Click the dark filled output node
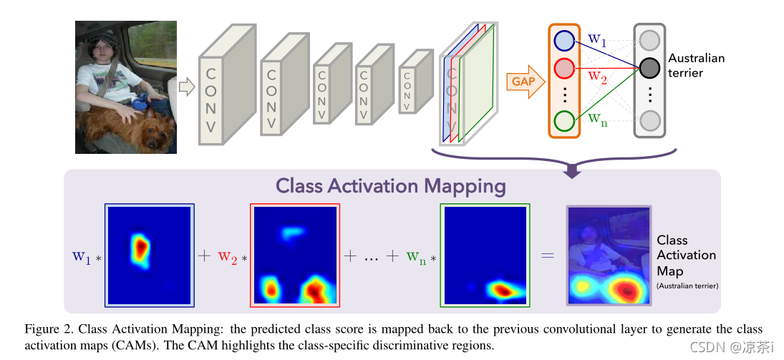[649, 68]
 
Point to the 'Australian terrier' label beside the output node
[696, 65]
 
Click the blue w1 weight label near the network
[596, 41]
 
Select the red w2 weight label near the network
[597, 76]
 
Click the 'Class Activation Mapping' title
[391, 187]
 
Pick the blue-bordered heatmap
[150, 255]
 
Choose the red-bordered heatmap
[294, 255]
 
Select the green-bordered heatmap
[485, 255]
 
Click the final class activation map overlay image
[609, 255]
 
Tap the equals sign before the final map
[547, 256]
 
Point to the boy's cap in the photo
[97, 36]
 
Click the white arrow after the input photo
[186, 87]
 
